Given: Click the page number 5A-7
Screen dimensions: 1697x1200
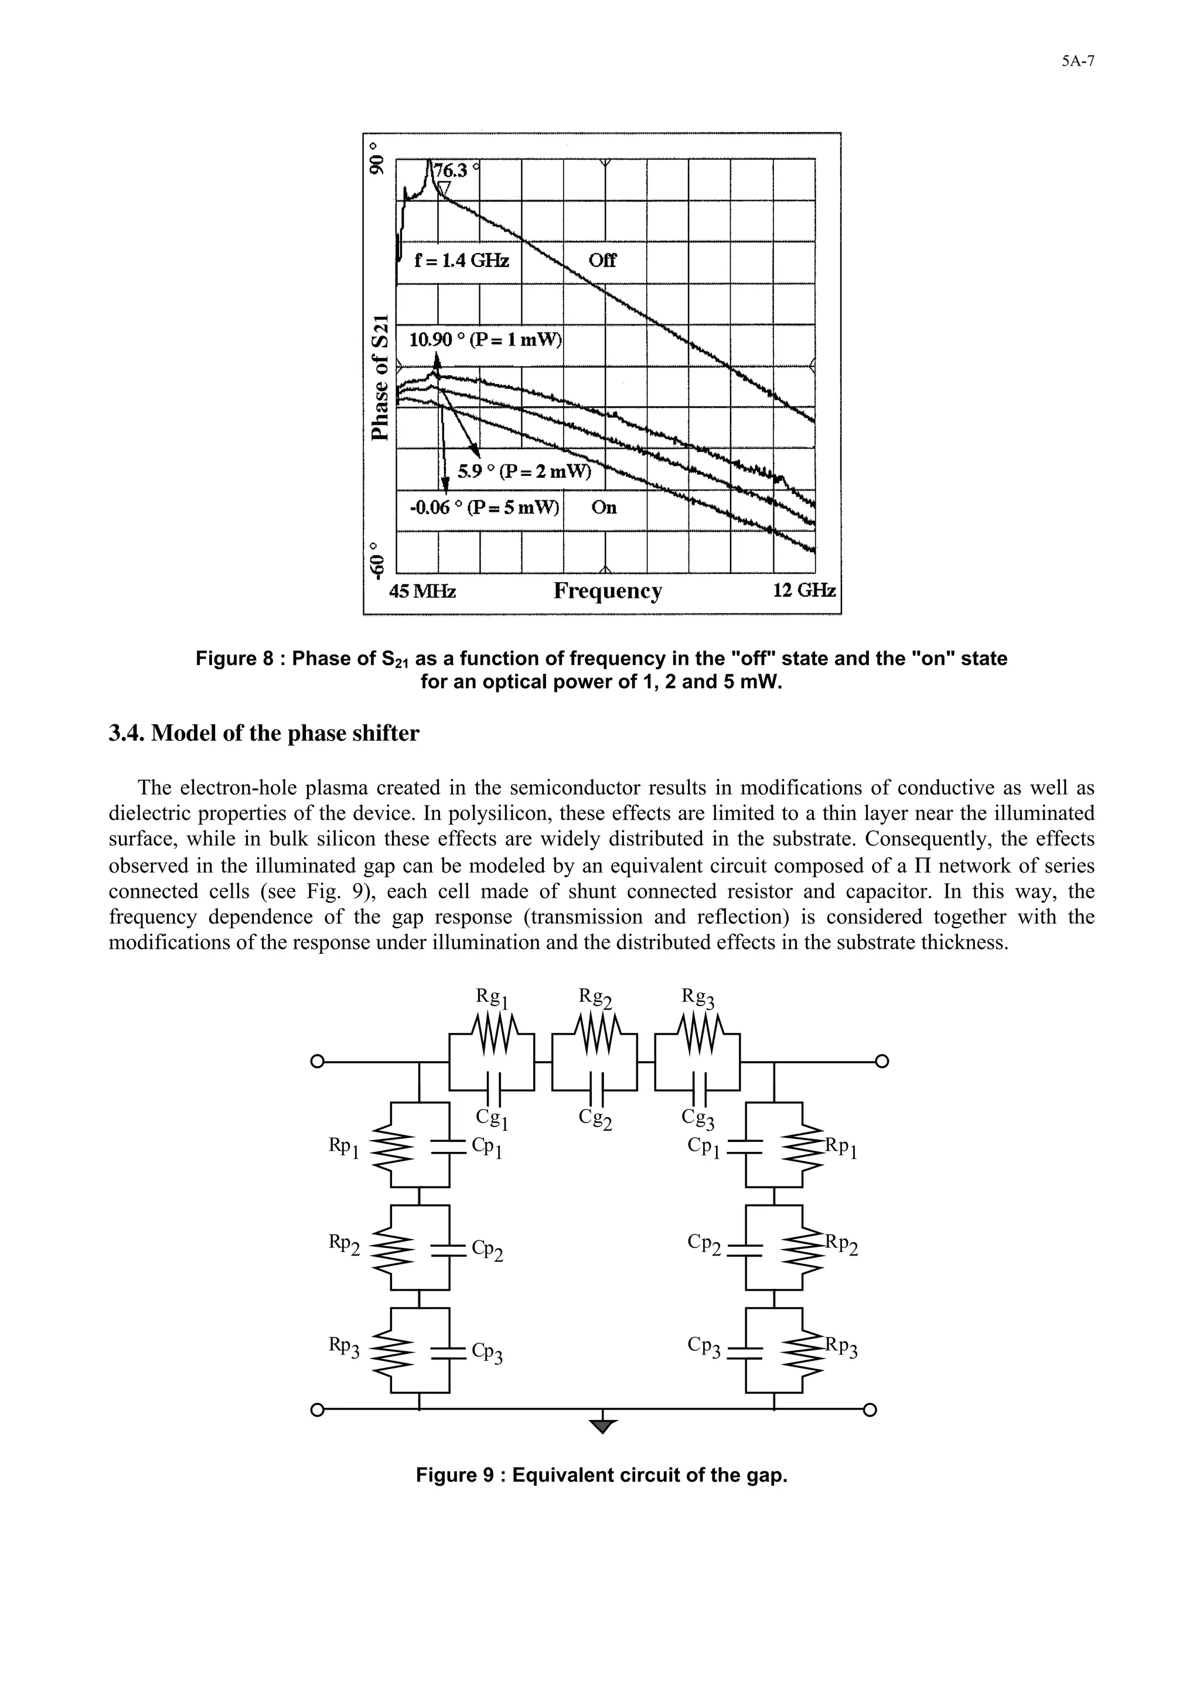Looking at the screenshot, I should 1078,62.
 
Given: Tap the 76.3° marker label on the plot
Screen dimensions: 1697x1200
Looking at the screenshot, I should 452,170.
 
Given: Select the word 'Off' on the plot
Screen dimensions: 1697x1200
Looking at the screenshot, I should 602,261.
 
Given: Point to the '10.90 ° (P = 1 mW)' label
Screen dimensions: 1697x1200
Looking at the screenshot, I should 485,340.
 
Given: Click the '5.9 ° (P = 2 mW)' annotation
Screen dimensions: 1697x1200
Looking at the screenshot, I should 525,471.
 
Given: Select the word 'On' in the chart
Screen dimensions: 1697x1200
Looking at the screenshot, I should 604,508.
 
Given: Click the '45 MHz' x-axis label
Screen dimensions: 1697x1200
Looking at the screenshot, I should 422,591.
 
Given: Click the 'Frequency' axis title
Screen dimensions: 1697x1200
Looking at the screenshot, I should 608,591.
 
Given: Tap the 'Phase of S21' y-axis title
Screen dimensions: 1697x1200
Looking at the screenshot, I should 379,376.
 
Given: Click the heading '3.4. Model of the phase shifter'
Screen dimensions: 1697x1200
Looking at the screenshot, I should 264,734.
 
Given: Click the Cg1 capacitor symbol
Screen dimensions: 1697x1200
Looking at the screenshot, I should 492,1091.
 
